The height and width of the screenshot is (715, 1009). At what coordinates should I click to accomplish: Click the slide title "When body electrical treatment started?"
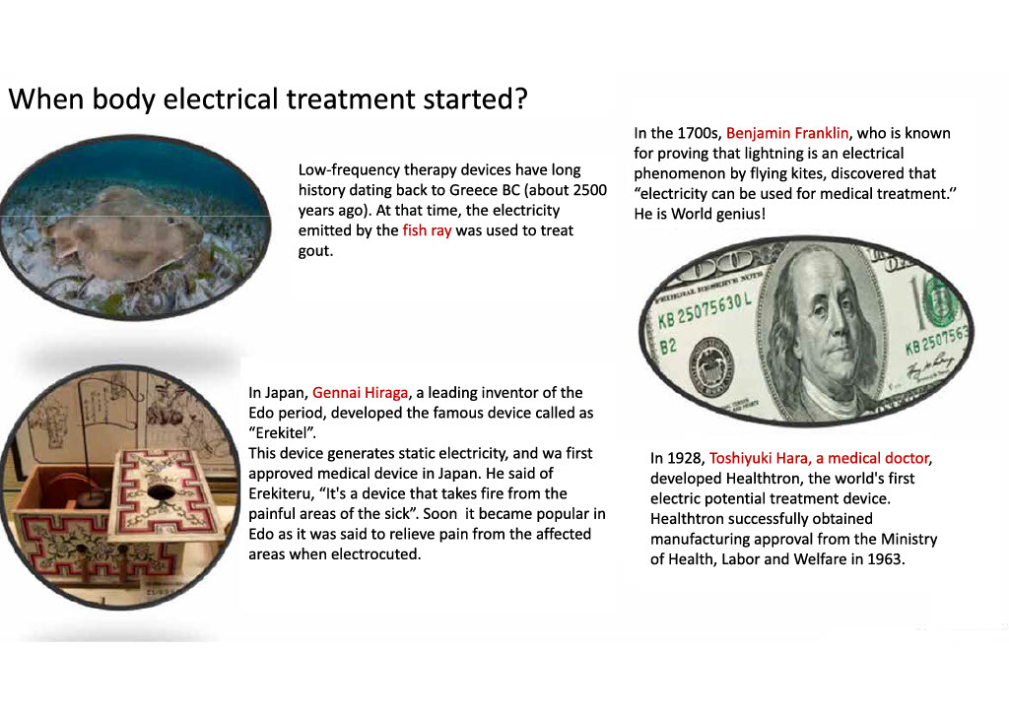pos(268,99)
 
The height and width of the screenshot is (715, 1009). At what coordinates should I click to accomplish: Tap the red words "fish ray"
pos(428,230)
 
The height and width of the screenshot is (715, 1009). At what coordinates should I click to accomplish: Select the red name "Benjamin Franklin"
pos(787,133)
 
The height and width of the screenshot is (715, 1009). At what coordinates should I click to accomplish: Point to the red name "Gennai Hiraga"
pos(361,393)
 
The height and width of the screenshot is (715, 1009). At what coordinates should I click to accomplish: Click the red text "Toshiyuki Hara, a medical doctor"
pos(819,459)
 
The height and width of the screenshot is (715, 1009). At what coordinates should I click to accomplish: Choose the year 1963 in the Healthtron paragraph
pos(884,559)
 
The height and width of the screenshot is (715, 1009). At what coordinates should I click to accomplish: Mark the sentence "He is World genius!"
pos(700,214)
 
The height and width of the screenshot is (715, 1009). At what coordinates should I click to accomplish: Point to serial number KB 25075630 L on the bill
pos(705,312)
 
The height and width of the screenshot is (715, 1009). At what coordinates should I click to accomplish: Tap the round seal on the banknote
pos(711,367)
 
